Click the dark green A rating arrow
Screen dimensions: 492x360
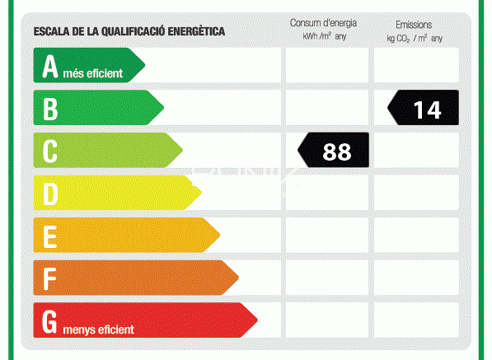click(89, 65)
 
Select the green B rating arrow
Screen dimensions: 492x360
click(98, 108)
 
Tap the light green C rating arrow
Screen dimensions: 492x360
click(108, 150)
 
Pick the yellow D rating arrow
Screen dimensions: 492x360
click(117, 193)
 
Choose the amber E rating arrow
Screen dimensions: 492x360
click(126, 235)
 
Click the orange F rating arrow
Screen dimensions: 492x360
click(136, 278)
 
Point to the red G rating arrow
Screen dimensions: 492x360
click(145, 320)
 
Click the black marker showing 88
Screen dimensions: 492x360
click(333, 150)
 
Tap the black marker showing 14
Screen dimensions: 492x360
click(423, 108)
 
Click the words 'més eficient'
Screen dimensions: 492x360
click(93, 73)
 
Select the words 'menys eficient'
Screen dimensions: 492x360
click(99, 330)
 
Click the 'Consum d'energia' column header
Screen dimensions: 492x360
click(323, 23)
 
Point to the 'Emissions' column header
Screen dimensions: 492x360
click(414, 25)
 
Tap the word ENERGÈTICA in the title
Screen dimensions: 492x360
click(196, 31)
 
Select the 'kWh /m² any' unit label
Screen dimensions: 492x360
click(324, 36)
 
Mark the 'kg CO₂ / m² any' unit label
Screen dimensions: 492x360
click(415, 39)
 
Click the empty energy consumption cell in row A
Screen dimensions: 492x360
click(327, 65)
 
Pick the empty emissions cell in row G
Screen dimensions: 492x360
click(416, 320)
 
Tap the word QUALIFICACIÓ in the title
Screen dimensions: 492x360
click(133, 31)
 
